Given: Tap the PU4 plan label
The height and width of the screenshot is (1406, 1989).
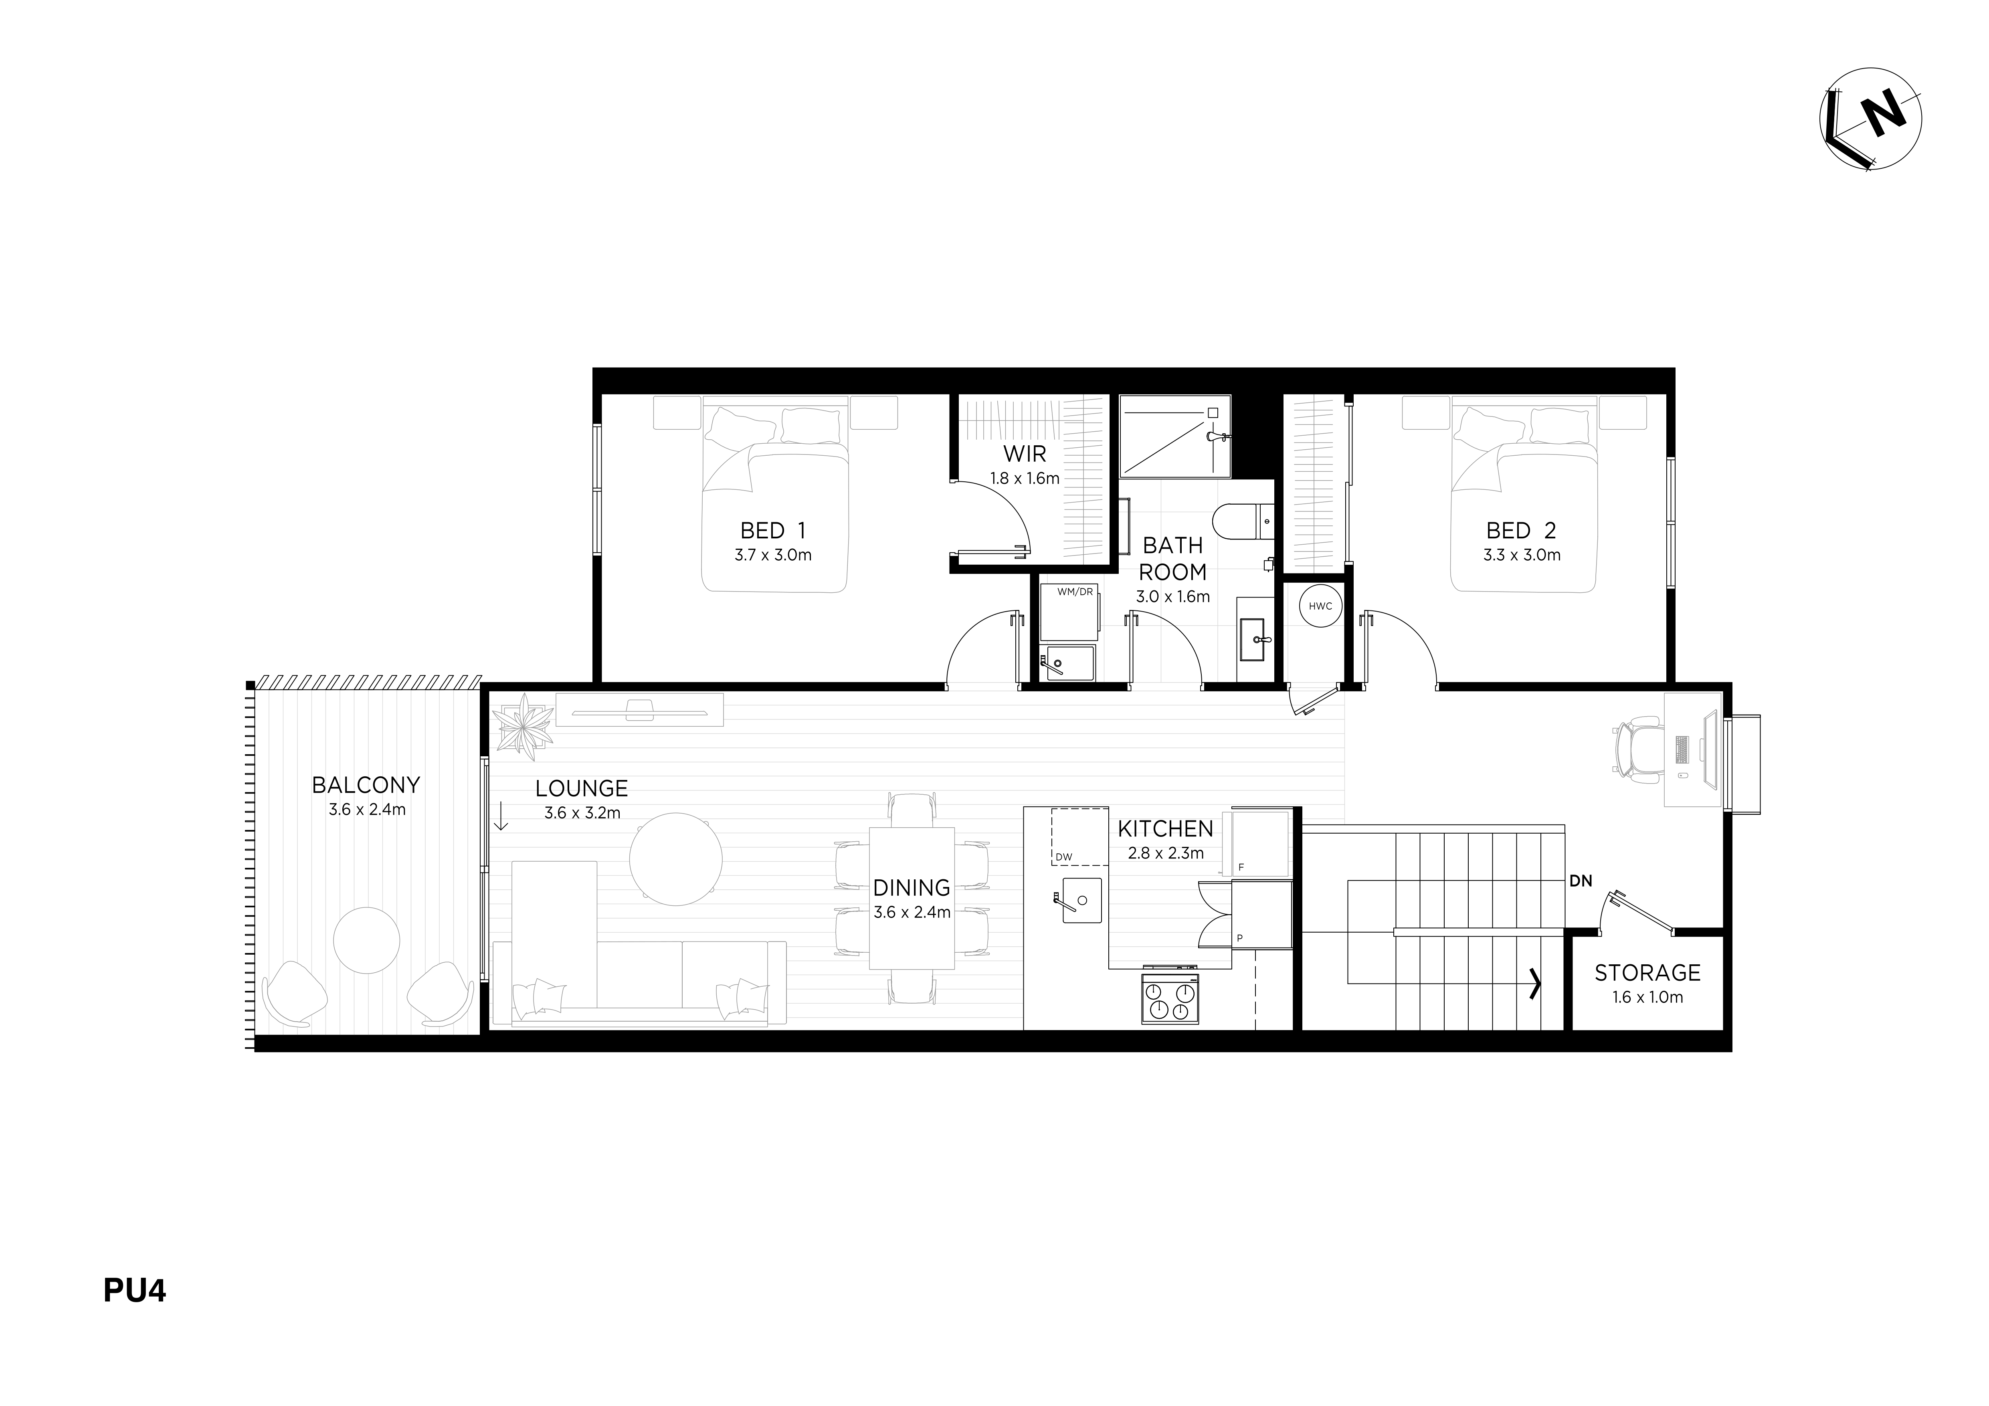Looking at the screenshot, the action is click(134, 1291).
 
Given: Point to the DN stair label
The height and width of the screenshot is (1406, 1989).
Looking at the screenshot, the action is click(1581, 881).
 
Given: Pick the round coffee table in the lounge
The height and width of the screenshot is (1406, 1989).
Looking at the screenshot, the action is click(675, 859).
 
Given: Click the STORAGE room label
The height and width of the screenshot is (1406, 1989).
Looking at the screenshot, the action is click(1648, 973).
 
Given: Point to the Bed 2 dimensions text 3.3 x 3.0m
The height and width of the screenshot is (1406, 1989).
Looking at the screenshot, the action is click(1521, 555).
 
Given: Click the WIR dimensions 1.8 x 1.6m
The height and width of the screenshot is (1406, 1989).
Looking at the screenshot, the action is click(1025, 478).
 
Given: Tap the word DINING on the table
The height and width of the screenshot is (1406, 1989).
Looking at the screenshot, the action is click(912, 888).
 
